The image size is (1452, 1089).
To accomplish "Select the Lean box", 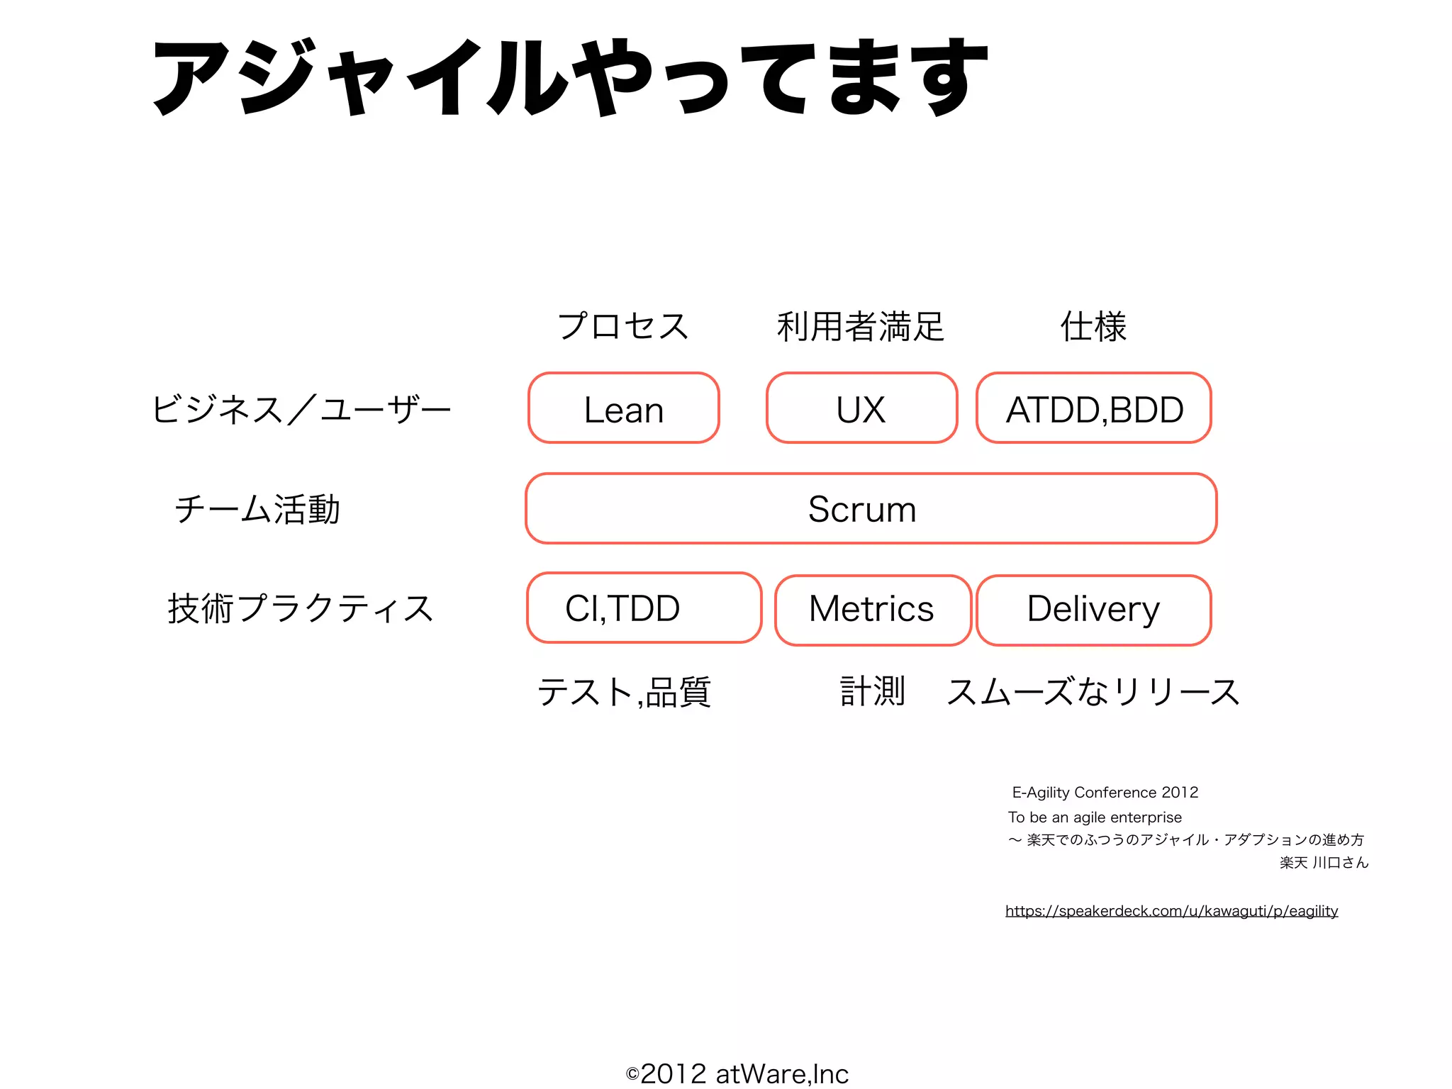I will click(624, 409).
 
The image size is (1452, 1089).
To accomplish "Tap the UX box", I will click(861, 409).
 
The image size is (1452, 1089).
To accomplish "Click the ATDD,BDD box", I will click(1094, 409).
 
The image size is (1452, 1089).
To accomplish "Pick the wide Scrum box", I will click(871, 509).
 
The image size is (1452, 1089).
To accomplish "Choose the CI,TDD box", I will click(644, 608).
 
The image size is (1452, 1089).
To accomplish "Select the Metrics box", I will click(872, 610).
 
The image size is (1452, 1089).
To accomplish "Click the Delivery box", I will click(1093, 610).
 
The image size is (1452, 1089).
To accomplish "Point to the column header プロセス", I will click(623, 326).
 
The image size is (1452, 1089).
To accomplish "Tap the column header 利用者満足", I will click(861, 326).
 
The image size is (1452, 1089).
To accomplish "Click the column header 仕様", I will click(1093, 326).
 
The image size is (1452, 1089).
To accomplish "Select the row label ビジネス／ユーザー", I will click(301, 410).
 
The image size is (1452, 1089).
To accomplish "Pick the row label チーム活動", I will click(257, 509).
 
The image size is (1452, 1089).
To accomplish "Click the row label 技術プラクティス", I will click(301, 608).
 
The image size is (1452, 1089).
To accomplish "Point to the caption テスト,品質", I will click(624, 692).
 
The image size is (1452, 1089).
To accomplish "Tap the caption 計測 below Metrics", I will click(872, 691).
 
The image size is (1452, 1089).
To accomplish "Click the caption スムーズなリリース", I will click(1093, 692).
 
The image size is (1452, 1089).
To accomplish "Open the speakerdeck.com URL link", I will click(1171, 911).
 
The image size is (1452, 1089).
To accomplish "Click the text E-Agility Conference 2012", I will click(1105, 793).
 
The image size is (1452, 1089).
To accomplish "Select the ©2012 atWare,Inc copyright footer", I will click(737, 1073).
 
